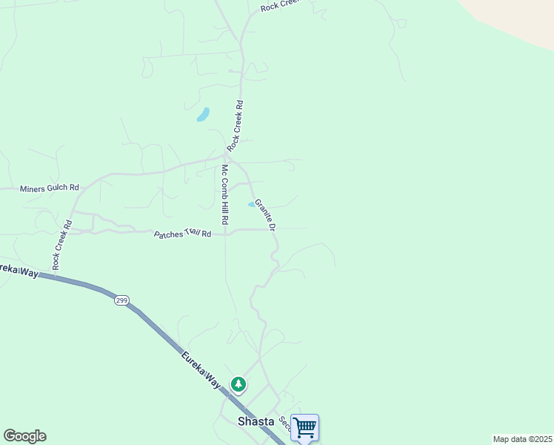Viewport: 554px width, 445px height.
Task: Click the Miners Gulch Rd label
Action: pos(49,188)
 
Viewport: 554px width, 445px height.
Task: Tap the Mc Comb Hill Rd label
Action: pos(224,194)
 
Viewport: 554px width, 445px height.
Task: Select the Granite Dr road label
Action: pos(265,214)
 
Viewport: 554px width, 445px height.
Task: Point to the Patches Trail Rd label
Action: pos(182,234)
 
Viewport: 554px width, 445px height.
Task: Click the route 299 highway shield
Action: pos(122,300)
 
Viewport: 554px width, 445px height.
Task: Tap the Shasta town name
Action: pos(256,421)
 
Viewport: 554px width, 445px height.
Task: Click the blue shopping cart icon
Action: pos(304,427)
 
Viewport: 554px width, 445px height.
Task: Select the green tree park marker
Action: pos(238,384)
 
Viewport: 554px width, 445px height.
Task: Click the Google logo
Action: pos(24,436)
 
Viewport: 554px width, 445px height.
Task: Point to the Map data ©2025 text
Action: pos(522,439)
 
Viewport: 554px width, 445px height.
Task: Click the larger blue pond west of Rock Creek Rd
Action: pos(203,114)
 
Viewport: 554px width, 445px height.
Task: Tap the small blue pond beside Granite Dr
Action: pos(252,204)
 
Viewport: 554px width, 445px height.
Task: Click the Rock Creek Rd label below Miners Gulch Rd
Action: pos(61,245)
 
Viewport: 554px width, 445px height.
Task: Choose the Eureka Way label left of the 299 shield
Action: pos(19,269)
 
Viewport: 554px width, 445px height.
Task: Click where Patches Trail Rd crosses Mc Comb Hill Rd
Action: pos(225,231)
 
